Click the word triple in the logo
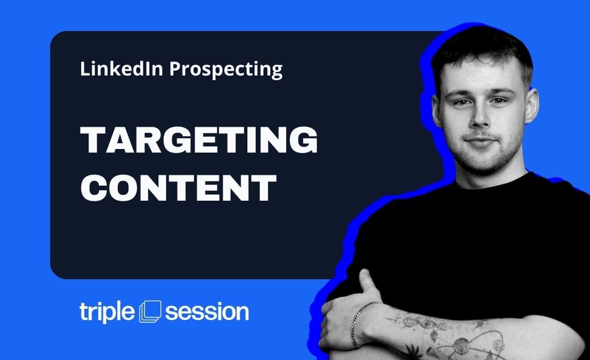tap(108, 312)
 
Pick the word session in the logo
tap(207, 312)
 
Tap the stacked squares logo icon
tap(151, 311)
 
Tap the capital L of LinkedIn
tap(84, 69)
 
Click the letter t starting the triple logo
tap(84, 312)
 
